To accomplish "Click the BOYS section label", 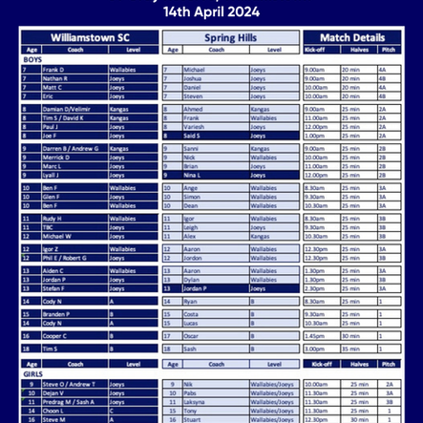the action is tap(32, 59).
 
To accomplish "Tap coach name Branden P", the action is tap(57, 314).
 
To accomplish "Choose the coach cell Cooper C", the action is tap(56, 335).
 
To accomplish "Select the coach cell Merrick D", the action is tap(57, 158).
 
